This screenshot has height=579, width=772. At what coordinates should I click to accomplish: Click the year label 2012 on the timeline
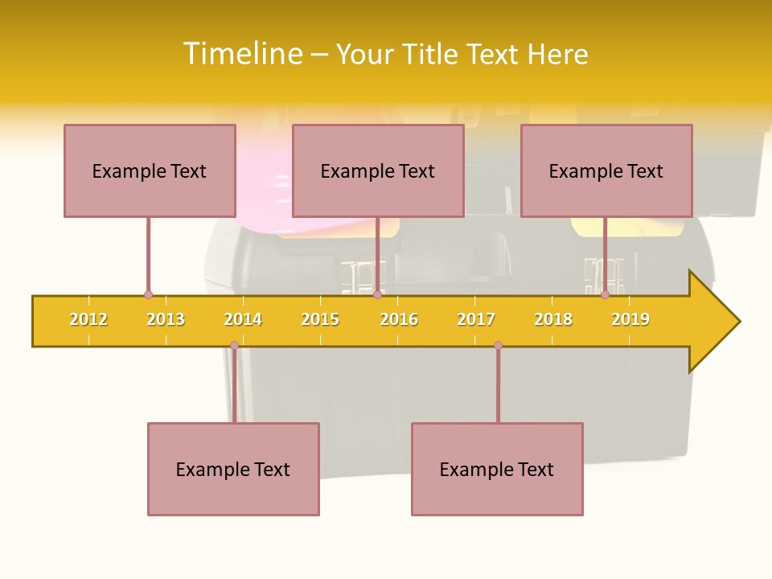[x=88, y=319]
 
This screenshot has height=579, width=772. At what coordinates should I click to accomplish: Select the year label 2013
[x=166, y=319]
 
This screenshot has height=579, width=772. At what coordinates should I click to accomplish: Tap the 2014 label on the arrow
[x=243, y=319]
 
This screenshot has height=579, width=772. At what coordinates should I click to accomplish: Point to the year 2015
[x=320, y=319]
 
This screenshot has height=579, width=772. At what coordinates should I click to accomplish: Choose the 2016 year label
[x=399, y=319]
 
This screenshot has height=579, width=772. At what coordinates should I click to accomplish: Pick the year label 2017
[x=476, y=319]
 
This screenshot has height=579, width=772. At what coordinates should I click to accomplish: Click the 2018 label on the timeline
[x=553, y=319]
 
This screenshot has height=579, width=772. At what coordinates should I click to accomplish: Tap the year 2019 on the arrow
[x=630, y=319]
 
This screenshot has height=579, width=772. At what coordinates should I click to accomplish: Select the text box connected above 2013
[x=150, y=170]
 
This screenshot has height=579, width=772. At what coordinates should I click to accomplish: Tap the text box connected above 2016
[x=378, y=170]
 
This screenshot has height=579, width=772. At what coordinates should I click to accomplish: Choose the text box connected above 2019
[x=606, y=170]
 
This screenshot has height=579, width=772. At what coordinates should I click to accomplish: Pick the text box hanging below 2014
[x=233, y=469]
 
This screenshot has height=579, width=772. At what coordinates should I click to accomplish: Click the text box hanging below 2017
[x=497, y=469]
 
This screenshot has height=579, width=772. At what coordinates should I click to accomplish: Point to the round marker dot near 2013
[x=148, y=294]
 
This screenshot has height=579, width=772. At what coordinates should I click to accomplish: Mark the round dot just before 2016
[x=377, y=294]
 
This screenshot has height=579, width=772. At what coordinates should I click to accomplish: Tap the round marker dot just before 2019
[x=605, y=294]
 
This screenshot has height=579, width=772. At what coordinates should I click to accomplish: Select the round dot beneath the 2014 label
[x=234, y=346]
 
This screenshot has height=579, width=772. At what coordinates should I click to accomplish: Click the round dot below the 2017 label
[x=498, y=346]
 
